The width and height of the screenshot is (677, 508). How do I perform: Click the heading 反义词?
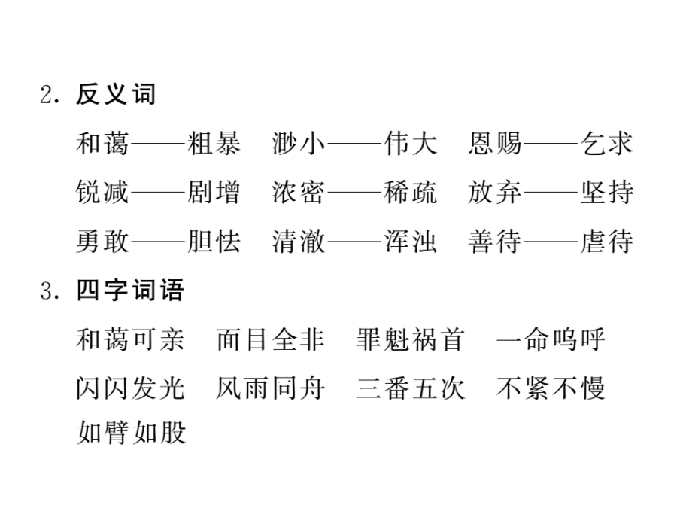point(115,94)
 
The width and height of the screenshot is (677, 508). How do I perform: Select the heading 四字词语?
point(129,290)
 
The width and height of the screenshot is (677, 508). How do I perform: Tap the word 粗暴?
point(214,144)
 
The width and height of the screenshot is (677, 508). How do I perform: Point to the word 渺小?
point(299,144)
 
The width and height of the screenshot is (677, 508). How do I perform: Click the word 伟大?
point(411,144)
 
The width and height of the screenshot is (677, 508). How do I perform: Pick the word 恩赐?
point(495,144)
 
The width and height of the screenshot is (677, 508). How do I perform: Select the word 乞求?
point(606,144)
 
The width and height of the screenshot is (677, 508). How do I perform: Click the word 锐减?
point(102,192)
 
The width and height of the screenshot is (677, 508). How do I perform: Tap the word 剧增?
point(214,192)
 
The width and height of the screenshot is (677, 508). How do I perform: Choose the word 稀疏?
point(411,192)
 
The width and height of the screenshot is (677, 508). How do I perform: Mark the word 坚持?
point(606,192)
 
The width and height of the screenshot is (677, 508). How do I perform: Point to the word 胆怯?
point(214,241)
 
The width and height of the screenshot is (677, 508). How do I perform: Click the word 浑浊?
point(411,241)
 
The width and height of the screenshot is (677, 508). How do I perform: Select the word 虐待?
point(606,241)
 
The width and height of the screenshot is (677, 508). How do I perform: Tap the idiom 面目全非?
point(270,339)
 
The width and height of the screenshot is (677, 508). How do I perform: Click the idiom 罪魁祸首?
point(410,339)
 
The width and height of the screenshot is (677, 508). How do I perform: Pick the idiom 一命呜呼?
point(551,339)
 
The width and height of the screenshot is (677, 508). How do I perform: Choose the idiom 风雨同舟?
point(270,388)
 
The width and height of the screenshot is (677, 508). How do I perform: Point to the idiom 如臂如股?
point(131,432)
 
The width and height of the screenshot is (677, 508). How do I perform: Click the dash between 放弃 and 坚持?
point(551,192)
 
